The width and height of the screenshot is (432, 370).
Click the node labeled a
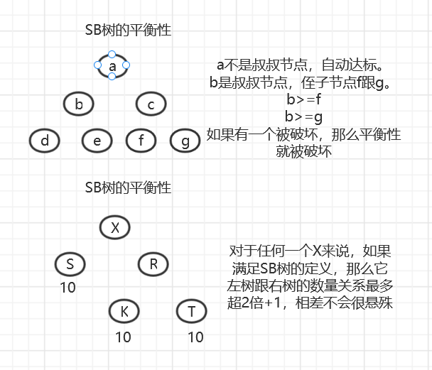point(112,65)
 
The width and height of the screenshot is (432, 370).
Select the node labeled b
point(79,105)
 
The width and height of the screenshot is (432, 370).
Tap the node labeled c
point(151,105)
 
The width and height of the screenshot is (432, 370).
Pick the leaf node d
point(45,141)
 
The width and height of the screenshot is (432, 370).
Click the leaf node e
point(97,141)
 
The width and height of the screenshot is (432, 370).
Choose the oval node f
point(141,141)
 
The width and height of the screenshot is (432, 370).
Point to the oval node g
point(185,141)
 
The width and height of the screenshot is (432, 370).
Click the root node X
point(114,227)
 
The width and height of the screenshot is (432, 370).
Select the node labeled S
point(70,264)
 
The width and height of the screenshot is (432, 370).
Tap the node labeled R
point(153,263)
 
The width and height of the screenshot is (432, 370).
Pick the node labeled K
point(124,311)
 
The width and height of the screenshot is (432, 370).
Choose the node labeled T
point(191,311)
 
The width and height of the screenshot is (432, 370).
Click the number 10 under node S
point(67,288)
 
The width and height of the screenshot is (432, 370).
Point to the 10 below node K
point(124,337)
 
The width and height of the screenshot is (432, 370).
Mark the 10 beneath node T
point(195,337)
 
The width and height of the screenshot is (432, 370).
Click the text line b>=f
point(303,99)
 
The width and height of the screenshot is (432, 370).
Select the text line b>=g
point(303,116)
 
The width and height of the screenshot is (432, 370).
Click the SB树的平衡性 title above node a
point(128,31)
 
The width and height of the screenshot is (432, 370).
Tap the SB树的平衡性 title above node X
point(128,188)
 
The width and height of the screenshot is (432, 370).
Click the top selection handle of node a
point(112,53)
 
